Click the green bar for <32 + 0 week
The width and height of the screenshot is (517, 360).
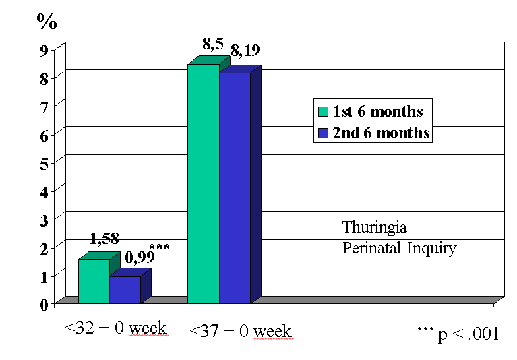[94, 281]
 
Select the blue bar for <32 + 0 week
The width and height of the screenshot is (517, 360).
[125, 290]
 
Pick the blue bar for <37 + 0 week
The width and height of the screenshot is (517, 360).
[235, 188]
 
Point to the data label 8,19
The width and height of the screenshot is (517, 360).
[245, 51]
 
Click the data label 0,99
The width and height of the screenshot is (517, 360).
[140, 257]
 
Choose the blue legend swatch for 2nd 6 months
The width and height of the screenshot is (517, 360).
[324, 133]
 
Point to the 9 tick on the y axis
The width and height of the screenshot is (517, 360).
[43, 50]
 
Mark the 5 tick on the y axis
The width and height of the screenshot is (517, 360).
[43, 163]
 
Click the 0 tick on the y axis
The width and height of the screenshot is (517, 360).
[43, 305]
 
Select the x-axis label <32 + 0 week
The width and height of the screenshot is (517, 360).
[115, 328]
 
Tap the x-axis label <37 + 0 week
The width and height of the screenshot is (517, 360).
[241, 331]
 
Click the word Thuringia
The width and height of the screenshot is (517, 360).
[374, 227]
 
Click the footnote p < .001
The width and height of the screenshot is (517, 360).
[467, 334]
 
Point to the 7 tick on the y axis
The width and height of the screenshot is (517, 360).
[43, 107]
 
